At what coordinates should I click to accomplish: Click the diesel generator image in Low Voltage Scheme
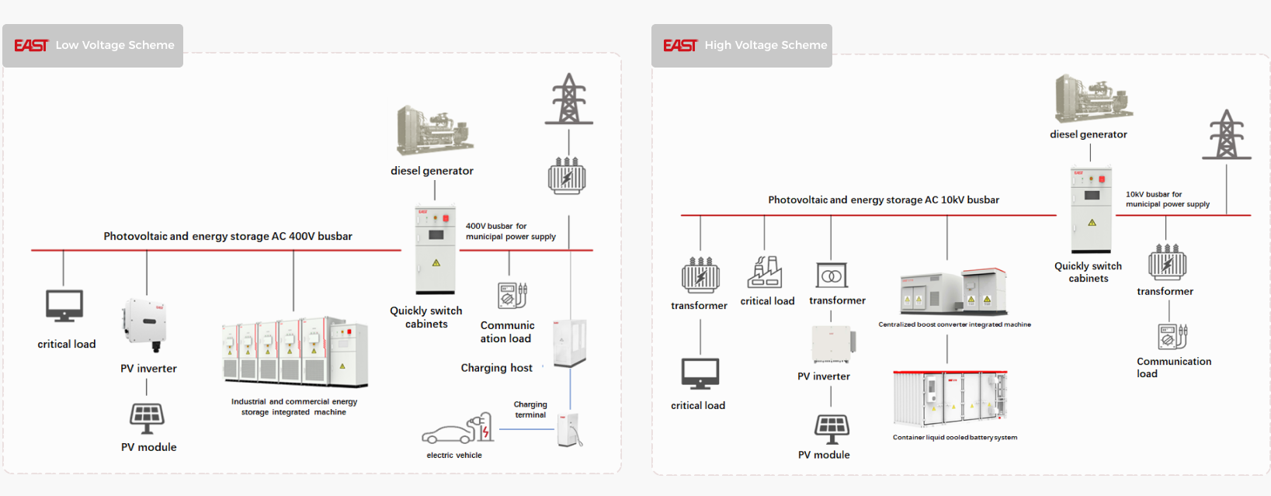click(434, 130)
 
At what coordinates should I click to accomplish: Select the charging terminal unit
click(569, 430)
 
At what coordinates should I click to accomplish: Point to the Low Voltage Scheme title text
click(115, 45)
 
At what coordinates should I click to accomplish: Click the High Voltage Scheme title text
click(766, 45)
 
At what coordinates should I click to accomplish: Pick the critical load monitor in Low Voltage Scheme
click(64, 306)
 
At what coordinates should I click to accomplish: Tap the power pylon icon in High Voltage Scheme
click(1227, 135)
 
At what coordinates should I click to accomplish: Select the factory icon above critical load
click(765, 272)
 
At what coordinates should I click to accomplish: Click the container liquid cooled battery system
click(950, 399)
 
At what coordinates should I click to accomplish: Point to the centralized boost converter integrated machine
click(954, 291)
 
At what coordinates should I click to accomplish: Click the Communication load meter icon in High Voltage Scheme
click(1172, 336)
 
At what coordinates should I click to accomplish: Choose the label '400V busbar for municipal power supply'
click(510, 231)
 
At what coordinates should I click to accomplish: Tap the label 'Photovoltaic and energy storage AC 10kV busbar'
click(884, 199)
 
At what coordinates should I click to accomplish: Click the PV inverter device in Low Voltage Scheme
click(144, 324)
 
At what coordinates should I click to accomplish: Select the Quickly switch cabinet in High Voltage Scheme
click(1091, 210)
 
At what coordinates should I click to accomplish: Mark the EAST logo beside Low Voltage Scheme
click(31, 46)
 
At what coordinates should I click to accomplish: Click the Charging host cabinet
click(569, 343)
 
